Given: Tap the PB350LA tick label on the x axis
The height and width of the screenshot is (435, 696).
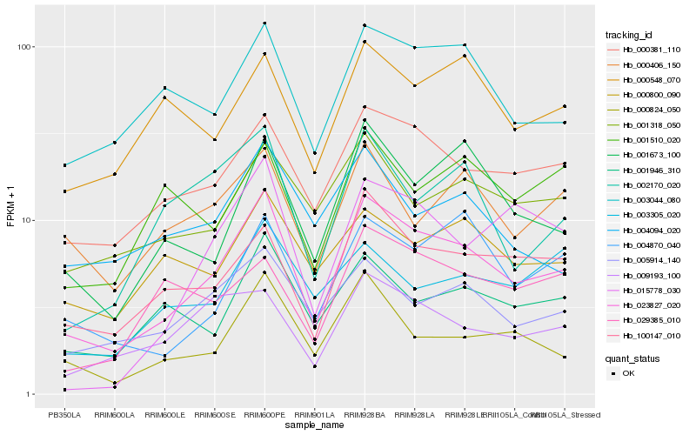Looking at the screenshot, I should pos(64,414).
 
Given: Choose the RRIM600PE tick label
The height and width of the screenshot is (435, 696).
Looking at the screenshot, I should pos(264,414).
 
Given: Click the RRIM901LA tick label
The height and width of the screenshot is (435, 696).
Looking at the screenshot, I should pos(314,414).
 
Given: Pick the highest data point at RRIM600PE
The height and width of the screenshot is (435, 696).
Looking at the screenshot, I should pos(264,23).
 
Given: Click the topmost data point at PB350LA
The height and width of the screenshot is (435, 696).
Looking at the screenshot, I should pos(64,165).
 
